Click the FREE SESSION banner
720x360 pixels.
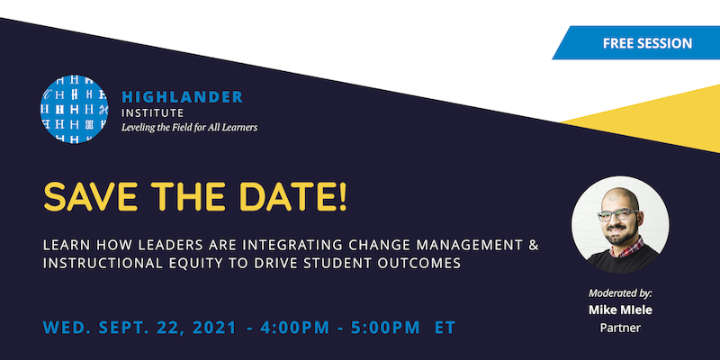647,42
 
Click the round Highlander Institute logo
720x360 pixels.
75,110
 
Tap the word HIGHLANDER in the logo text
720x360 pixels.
182,96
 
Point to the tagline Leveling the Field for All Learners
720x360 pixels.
189,128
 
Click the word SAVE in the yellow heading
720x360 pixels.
92,197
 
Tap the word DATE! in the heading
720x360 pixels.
292,197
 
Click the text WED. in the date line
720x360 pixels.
65,326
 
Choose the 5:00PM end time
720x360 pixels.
384,326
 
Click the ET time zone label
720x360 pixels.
445,326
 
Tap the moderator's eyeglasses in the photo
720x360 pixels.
620,217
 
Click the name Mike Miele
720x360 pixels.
620,310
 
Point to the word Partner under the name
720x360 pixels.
620,328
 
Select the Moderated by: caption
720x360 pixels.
620,293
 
